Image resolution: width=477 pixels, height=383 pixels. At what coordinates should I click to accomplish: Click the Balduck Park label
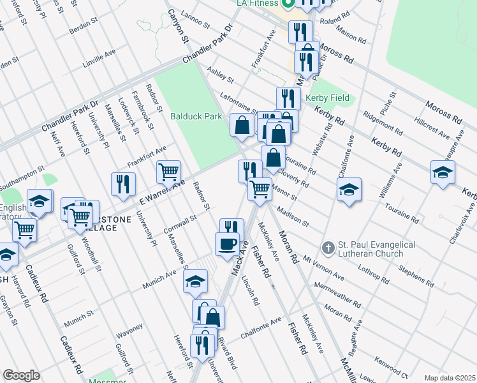click(x=196, y=117)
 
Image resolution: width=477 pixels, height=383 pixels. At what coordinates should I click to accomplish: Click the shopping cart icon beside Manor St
click(x=260, y=188)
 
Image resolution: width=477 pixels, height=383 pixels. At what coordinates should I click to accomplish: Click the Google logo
click(x=21, y=375)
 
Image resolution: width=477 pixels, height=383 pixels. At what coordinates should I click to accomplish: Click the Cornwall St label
click(x=180, y=225)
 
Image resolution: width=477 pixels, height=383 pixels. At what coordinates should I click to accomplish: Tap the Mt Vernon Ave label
click(x=323, y=269)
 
